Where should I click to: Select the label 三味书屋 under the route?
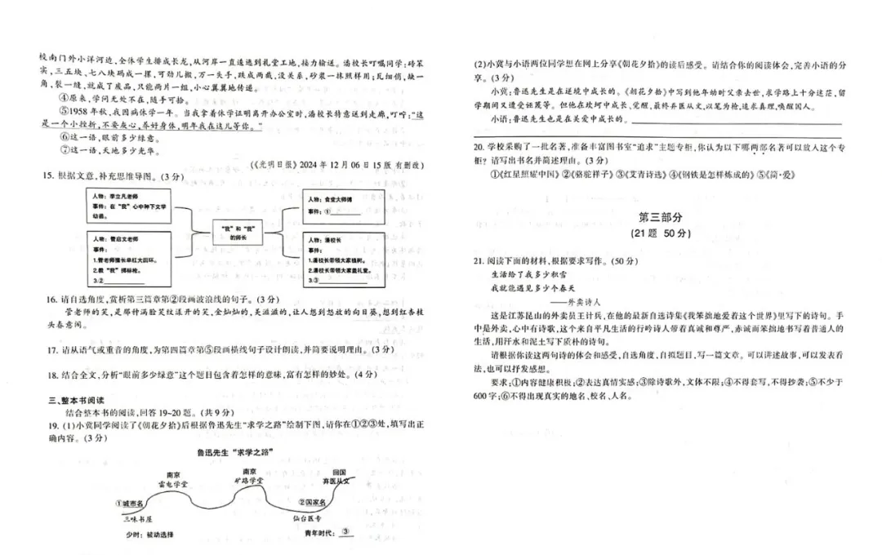137,518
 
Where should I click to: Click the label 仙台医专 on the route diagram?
307,517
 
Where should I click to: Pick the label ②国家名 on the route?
316,503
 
